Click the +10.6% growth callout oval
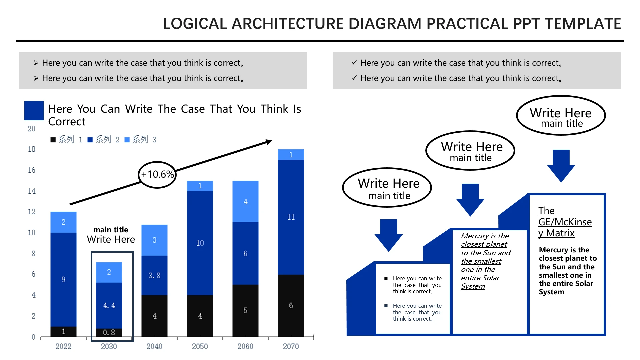[157, 175]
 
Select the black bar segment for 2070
[291, 305]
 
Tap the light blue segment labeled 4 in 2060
[245, 201]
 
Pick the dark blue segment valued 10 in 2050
[200, 243]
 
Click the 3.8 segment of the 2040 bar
[154, 275]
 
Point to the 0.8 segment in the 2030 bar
[109, 332]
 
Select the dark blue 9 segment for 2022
[63, 279]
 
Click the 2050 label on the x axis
[200, 346]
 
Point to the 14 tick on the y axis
[32, 191]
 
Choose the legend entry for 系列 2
[103, 139]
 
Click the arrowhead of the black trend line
[269, 142]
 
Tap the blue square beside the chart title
[34, 111]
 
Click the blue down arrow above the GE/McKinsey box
[561, 166]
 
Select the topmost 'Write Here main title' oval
[561, 115]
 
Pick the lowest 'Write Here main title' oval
[387, 187]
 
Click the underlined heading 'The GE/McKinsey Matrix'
[565, 222]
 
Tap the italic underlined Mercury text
[486, 261]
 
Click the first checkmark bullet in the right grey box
[354, 62]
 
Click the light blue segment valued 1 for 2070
[291, 155]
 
